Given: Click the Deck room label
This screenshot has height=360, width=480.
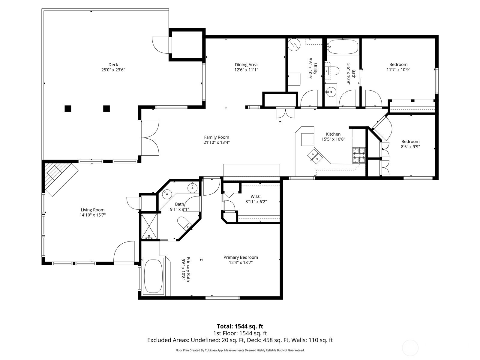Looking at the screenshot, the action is point(113,65).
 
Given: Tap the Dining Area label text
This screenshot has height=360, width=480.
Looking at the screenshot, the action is point(246,65).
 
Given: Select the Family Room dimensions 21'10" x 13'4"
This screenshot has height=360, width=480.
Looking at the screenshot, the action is point(217,142).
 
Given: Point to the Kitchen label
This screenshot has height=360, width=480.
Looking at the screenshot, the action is point(333,134).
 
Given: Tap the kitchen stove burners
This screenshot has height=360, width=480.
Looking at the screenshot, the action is point(358,155).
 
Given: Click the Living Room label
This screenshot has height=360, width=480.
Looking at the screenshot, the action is point(92,210).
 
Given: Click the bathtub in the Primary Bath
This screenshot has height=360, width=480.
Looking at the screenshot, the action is point(153,276).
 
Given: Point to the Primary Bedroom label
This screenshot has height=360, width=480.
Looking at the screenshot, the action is point(241,257).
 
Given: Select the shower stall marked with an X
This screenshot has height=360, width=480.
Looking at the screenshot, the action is point(149,226).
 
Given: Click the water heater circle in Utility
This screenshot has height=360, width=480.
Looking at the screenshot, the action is point(294,45).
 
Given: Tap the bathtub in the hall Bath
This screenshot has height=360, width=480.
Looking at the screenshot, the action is point(343,47).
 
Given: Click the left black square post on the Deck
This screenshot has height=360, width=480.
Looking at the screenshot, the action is point(68,109).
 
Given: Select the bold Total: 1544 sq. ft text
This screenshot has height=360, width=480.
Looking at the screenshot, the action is point(240,326).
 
